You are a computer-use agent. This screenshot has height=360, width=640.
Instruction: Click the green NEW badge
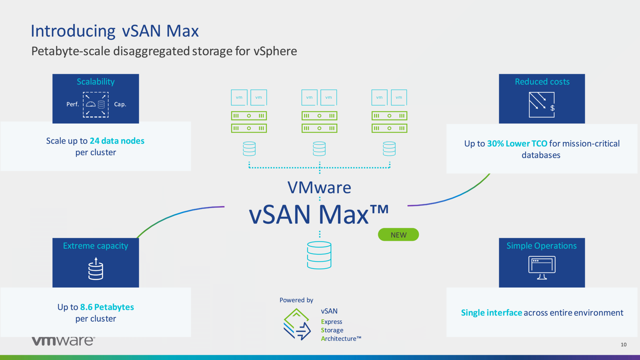398,235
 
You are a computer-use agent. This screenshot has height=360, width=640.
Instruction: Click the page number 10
623,345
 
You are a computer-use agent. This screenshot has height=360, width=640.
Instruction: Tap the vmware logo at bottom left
63,341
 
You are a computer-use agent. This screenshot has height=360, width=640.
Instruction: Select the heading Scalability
96,82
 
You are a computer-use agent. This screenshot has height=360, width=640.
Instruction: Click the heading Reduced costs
542,82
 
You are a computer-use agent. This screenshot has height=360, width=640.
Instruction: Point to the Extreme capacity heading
96,246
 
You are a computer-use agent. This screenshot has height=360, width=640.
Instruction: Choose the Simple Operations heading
541,246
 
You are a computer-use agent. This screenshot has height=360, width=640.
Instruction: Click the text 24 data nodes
117,141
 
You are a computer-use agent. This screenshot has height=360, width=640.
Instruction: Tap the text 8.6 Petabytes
107,307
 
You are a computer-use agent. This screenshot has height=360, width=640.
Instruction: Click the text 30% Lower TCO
517,143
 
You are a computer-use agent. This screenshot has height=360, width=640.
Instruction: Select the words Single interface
491,313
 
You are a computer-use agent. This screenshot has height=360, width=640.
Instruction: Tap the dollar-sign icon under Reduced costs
542,105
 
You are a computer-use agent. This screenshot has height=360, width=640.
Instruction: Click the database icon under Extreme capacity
96,269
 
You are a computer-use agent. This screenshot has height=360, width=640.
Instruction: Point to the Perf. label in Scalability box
73,104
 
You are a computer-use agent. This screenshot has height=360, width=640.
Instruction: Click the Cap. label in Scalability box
120,104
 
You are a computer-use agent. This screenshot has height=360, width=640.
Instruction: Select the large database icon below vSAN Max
319,255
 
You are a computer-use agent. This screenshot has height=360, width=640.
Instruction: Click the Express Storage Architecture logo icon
297,324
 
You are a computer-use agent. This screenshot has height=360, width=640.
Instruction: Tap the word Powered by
296,300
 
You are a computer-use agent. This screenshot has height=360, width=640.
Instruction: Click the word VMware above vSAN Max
319,187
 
